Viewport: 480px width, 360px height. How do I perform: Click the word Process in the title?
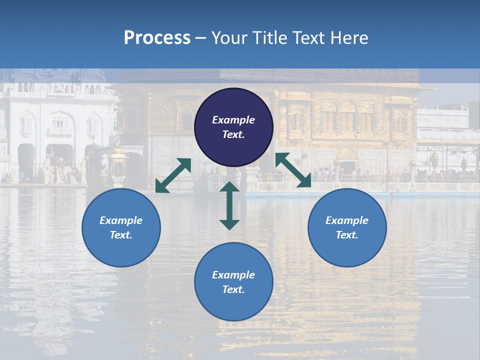(157, 37)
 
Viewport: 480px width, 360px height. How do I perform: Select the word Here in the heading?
(348, 37)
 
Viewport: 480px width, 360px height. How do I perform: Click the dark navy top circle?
(233, 127)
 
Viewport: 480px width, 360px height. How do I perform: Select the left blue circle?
(121, 227)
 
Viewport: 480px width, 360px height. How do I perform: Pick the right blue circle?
(347, 227)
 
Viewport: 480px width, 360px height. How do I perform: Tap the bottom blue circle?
(233, 282)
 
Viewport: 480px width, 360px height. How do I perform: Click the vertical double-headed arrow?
(229, 205)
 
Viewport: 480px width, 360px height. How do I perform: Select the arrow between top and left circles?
(173, 175)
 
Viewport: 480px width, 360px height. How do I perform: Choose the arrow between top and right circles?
(293, 170)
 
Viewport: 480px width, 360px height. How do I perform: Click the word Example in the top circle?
(233, 120)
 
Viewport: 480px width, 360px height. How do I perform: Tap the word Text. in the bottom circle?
(233, 289)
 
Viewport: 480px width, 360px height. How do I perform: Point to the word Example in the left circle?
(121, 220)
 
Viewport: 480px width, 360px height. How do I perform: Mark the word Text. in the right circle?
(347, 235)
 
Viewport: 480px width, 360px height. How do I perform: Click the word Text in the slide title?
(308, 37)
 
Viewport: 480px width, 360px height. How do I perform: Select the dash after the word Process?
(201, 38)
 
